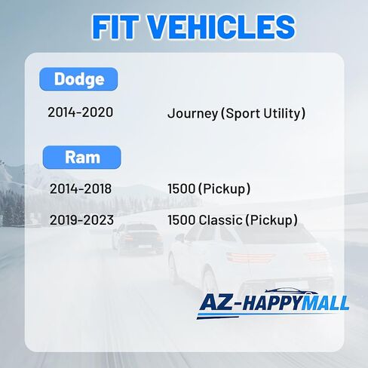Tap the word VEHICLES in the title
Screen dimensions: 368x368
tap(221, 27)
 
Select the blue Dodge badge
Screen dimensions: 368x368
tap(78, 79)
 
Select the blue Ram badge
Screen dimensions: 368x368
tap(82, 158)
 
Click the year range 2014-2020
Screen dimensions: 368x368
tap(81, 112)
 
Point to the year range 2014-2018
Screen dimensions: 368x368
tap(81, 189)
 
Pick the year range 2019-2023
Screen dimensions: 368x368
tap(81, 220)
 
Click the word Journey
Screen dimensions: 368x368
tap(193, 114)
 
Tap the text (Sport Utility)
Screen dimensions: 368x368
tap(263, 113)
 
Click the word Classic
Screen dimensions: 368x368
tap(220, 220)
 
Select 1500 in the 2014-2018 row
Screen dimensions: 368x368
tap(182, 189)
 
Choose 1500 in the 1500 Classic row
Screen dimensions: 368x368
tap(182, 220)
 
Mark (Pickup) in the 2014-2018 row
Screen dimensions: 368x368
tap(224, 189)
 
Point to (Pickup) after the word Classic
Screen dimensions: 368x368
tap(271, 220)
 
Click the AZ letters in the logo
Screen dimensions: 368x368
tap(216, 302)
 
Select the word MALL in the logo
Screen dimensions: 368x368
tap(326, 303)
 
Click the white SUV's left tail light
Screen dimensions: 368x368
tap(249, 257)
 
